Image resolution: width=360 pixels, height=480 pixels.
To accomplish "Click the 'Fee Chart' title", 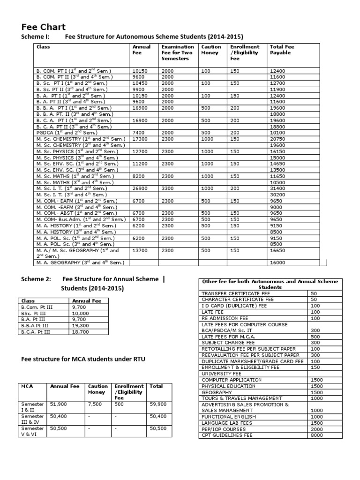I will [44, 27].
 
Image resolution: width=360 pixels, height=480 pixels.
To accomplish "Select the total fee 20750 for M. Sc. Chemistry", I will [278, 139].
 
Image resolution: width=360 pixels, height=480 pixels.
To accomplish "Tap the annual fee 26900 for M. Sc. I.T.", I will [141, 188].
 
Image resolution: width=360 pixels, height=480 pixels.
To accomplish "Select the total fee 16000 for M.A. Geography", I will [277, 262].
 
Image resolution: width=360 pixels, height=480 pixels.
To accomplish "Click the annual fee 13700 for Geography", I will [141, 251].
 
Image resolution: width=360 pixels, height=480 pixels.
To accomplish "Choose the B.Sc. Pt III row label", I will [34, 313].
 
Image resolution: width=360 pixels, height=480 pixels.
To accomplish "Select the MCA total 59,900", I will [158, 403].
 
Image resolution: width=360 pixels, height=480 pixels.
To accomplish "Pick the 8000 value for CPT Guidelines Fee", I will [316, 435].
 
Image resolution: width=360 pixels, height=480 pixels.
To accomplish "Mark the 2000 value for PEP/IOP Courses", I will [316, 429].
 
